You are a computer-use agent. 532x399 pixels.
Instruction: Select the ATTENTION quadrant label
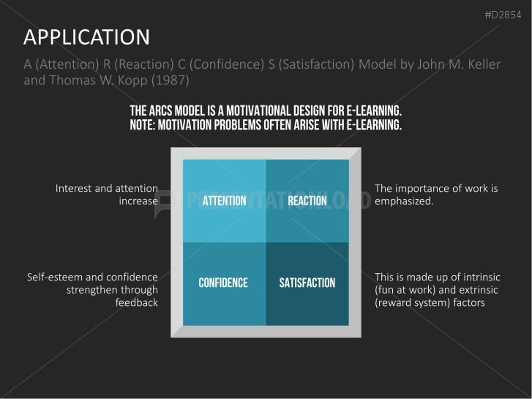point(224,201)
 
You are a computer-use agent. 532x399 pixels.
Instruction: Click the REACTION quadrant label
point(307,201)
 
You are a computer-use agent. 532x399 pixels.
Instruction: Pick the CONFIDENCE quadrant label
point(223,283)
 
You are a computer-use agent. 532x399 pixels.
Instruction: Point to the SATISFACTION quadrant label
point(307,283)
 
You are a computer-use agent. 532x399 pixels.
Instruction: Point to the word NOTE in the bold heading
point(144,124)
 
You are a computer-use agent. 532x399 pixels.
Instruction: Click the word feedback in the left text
point(137,302)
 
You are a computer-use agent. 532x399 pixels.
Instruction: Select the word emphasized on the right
point(404,201)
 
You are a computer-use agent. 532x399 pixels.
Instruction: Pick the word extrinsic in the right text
point(479,290)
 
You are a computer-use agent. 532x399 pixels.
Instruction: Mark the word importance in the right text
point(422,188)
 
